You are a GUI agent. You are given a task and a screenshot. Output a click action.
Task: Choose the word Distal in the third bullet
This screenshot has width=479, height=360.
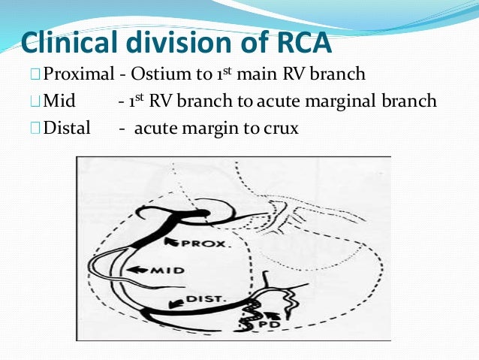67,128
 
